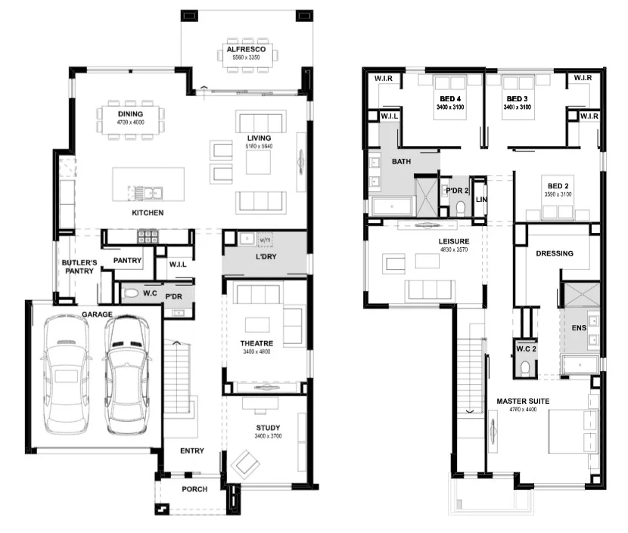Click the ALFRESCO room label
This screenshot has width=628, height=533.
(244, 50)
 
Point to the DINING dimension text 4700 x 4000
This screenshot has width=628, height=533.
(130, 122)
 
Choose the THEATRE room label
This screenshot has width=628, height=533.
(256, 343)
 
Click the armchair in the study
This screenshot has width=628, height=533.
(245, 463)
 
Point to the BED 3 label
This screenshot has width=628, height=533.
(517, 99)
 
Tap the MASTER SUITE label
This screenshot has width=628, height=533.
(523, 401)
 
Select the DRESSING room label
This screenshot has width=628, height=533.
(554, 253)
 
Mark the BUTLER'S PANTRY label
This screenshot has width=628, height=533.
(78, 265)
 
